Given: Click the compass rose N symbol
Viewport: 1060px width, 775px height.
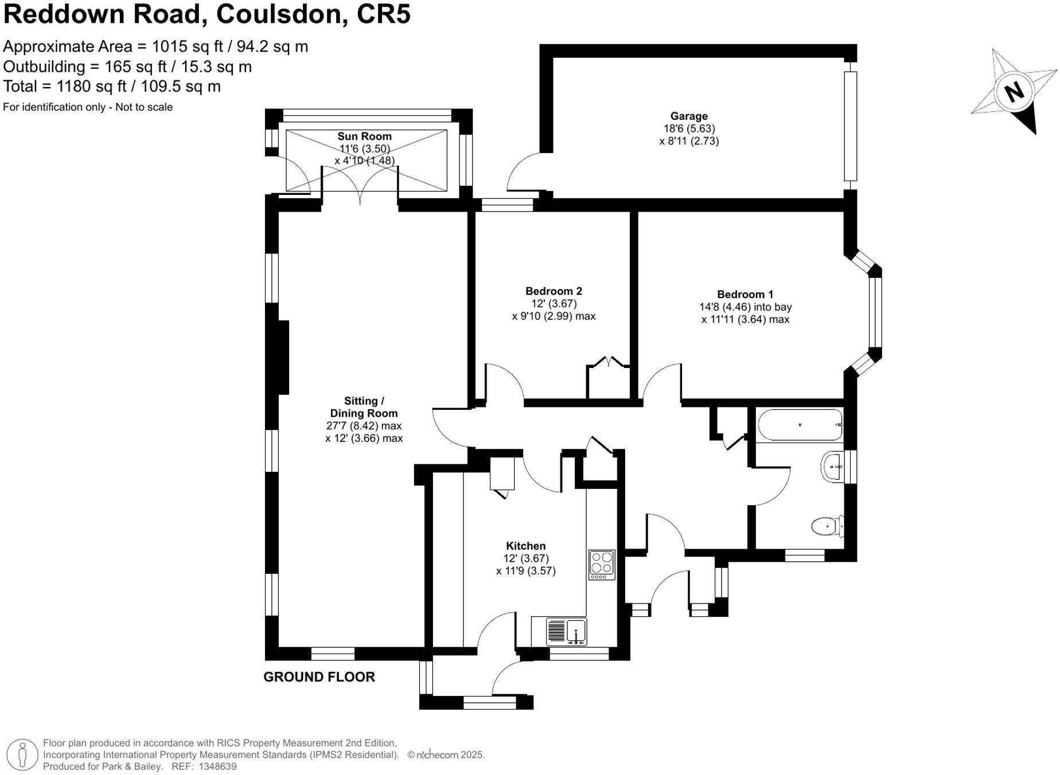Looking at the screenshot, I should pos(1014,92).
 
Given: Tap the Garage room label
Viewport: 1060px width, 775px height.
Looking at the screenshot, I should pos(688,116).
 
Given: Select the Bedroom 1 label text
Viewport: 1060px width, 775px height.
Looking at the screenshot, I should pos(745,295).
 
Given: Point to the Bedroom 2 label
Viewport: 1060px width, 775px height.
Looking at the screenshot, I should pos(553,291).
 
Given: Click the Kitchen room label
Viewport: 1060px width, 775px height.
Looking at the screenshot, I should pos(525,546).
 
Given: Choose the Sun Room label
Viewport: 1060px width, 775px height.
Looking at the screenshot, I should pos(364,136).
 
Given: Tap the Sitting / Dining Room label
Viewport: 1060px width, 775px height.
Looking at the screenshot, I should pos(363,407).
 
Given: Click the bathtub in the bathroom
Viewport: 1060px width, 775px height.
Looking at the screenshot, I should pos(800,425).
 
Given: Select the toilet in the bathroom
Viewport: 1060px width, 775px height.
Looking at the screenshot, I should pos(828,526).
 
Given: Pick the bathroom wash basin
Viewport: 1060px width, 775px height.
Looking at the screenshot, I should pos(832,467).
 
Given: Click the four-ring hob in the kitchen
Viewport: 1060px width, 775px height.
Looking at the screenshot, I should pos(602,564).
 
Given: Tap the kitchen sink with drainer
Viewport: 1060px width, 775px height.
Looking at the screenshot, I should pos(567,632).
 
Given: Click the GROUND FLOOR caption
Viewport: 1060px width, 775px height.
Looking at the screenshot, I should pos(319,677).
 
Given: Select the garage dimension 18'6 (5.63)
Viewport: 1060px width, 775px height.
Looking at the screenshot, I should pos(689,128).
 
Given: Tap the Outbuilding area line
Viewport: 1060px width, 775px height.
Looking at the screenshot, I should pos(127,66).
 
